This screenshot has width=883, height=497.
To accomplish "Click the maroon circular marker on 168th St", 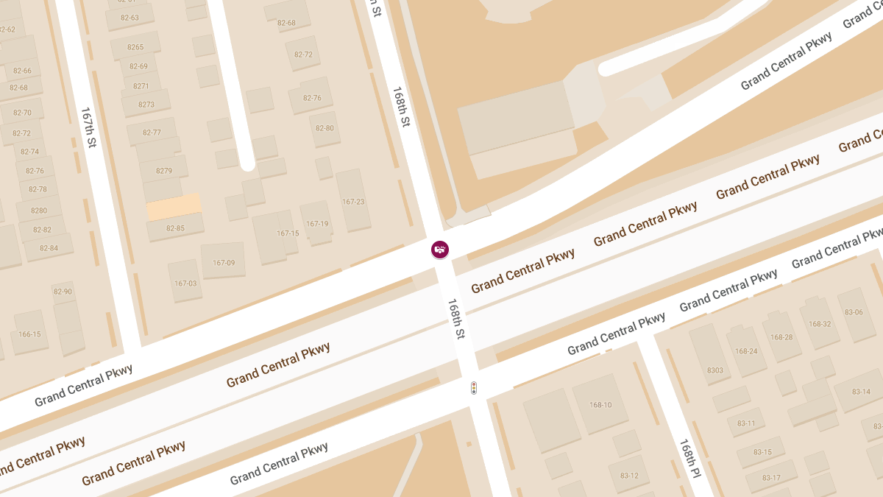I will pyautogui.click(x=440, y=250).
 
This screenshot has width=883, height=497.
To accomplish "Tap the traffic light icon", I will pyautogui.click(x=474, y=387).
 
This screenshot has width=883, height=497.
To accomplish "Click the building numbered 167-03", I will pyautogui.click(x=185, y=283).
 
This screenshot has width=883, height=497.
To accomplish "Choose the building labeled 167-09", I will pyautogui.click(x=224, y=262).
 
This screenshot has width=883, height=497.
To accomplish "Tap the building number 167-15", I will pyautogui.click(x=288, y=233).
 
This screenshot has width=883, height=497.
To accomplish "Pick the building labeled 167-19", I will pyautogui.click(x=317, y=224).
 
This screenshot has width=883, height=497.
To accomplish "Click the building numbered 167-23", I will pyautogui.click(x=353, y=201).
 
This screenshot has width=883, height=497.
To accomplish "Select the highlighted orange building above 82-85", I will pyautogui.click(x=174, y=207).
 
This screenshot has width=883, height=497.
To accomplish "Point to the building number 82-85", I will pyautogui.click(x=175, y=228).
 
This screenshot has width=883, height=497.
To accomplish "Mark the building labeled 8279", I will pyautogui.click(x=164, y=171).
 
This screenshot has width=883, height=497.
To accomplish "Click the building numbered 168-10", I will pyautogui.click(x=600, y=405).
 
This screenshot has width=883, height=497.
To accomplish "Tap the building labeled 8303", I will pyautogui.click(x=714, y=370).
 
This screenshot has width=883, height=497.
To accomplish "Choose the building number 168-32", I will pyautogui.click(x=820, y=323).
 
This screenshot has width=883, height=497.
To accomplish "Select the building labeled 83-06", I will pyautogui.click(x=854, y=312).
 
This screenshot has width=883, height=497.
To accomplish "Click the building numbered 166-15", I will pyautogui.click(x=29, y=334).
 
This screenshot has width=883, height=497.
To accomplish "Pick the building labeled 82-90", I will pyautogui.click(x=63, y=292).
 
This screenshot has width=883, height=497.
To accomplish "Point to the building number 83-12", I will pyautogui.click(x=629, y=476).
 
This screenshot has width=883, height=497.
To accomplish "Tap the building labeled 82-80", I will pyautogui.click(x=325, y=128).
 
